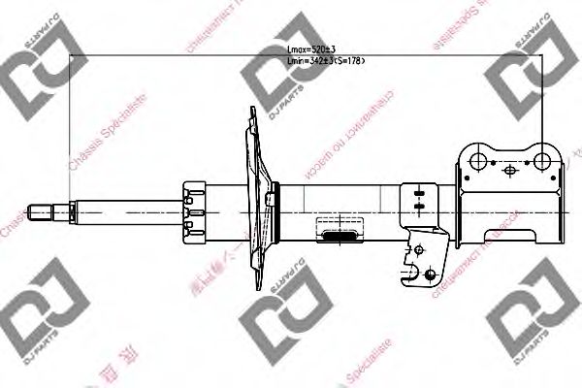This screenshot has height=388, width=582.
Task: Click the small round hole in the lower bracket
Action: [417, 250]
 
